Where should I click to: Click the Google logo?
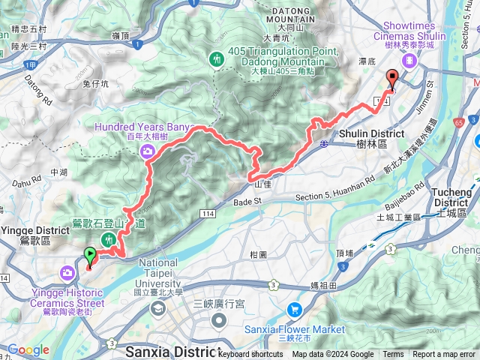[x=28, y=349]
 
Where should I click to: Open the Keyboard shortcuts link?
[x=251, y=355]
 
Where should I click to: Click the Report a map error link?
[x=445, y=355]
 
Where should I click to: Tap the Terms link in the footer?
[x=393, y=355]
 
